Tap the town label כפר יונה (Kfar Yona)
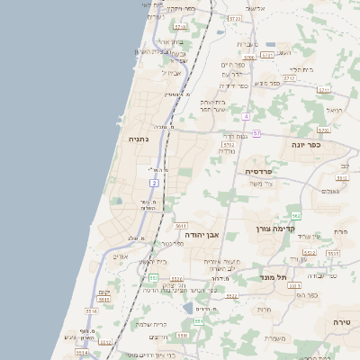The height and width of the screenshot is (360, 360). tap(306, 144)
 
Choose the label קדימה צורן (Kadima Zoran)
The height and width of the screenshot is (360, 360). tap(274, 229)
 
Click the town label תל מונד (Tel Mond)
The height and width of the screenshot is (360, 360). tap(271, 276)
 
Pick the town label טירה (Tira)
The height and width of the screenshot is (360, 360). tap(341, 321)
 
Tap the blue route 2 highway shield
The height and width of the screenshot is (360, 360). tap(155, 183)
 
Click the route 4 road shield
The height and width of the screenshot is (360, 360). tap(245, 117)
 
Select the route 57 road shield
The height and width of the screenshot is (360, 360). tap(256, 134)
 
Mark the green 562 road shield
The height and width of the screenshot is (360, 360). tap(295, 216)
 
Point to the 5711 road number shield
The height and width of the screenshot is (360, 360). tap(267, 55)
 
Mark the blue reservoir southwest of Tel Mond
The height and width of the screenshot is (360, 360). tap(186, 307)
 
